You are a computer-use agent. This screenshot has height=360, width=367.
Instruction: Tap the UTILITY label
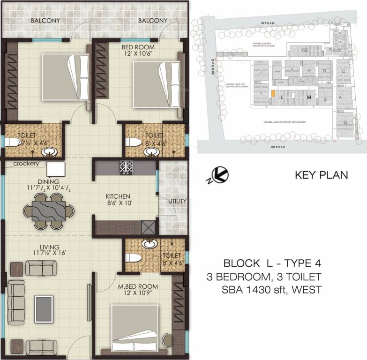pyautogui.click(x=178, y=201)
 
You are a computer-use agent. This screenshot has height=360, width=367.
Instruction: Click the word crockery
pyautogui.click(x=26, y=164)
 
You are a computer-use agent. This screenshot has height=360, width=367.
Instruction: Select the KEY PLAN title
pyautogui.click(x=321, y=176)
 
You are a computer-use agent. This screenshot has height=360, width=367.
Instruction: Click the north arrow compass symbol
pyautogui.click(x=221, y=175)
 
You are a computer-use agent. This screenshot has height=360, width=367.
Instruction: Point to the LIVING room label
pyautogui.click(x=49, y=247)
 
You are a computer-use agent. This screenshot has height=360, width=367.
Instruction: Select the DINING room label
pyautogui.click(x=49, y=181)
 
